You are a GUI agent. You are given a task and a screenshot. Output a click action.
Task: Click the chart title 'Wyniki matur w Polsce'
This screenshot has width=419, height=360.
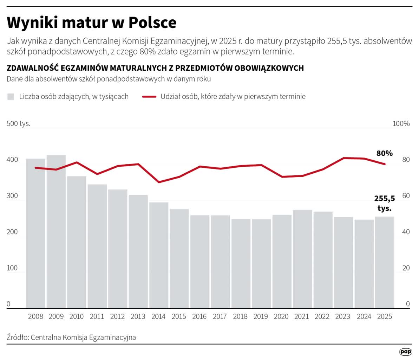(x=92, y=22)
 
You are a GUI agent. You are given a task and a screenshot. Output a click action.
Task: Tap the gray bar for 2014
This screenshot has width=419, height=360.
(x=158, y=255)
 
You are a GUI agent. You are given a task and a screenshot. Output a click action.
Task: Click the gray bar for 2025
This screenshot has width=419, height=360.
(x=385, y=262)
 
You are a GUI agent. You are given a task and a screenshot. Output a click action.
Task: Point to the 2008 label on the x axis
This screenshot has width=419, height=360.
(x=35, y=316)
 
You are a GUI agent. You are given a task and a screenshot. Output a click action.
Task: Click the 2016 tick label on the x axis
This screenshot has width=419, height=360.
(x=199, y=316)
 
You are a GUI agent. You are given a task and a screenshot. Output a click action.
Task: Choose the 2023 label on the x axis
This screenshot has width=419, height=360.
(x=343, y=316)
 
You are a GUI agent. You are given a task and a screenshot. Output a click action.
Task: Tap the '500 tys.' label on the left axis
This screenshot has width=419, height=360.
(x=19, y=124)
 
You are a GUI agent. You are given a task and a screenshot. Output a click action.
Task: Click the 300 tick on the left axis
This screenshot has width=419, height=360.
(x=12, y=196)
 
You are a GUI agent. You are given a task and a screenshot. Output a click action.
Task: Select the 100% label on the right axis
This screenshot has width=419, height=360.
(x=401, y=124)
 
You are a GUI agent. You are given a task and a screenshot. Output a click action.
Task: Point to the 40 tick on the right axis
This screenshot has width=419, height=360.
(x=406, y=232)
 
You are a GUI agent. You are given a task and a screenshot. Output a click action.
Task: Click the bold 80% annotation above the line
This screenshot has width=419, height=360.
(x=385, y=153)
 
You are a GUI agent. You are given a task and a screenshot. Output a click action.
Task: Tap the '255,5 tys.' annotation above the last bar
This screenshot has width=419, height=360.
(x=385, y=203)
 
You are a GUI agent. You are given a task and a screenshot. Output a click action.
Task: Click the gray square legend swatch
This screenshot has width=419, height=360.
(x=11, y=97)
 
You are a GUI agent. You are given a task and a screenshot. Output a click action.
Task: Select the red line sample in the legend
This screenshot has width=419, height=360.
(x=149, y=97)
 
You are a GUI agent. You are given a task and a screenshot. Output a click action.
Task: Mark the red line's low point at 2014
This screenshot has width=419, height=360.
(x=159, y=182)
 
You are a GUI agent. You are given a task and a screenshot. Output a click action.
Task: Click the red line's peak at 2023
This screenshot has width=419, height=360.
(x=344, y=158)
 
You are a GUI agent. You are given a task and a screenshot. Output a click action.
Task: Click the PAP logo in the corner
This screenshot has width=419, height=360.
(x=406, y=352)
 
